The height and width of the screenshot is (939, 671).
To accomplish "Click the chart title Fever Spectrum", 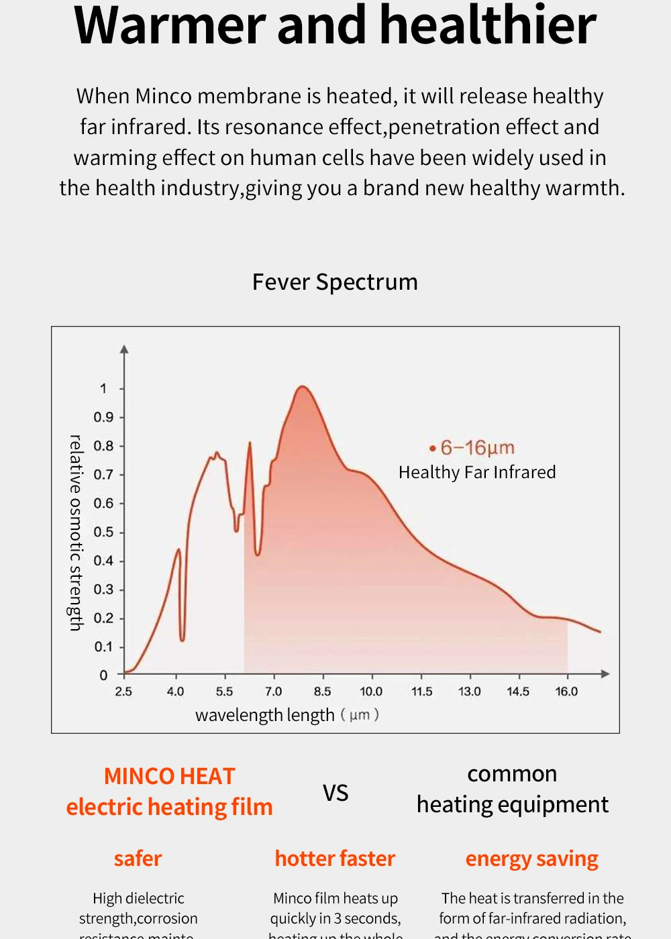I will (x=335, y=282).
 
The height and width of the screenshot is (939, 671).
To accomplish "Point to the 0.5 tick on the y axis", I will (x=103, y=532).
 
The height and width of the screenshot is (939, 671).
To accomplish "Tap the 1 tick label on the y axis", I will (x=103, y=388).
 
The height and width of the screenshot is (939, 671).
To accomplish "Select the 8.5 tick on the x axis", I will (x=322, y=692).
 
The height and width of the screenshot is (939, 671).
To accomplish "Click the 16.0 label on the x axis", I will (x=566, y=692).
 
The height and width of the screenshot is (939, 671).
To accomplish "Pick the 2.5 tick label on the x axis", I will (x=123, y=692).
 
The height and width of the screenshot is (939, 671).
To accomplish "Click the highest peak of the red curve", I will (x=302, y=386).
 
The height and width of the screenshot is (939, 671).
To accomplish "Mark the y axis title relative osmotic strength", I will (x=76, y=533).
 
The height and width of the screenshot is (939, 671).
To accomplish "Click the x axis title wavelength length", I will (x=264, y=715).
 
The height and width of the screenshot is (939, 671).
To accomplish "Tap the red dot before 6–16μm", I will (x=433, y=448).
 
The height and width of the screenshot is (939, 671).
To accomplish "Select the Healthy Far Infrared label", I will (x=477, y=472).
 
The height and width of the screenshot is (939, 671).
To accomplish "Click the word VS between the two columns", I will (x=335, y=793).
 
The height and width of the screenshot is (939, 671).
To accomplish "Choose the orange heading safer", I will (x=138, y=859).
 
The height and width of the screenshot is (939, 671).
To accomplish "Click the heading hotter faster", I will (x=335, y=859).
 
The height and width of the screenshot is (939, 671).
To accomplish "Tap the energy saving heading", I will (x=531, y=859).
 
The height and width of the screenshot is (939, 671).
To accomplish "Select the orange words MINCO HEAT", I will (x=169, y=776).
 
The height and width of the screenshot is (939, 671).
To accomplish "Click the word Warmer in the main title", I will (x=171, y=25).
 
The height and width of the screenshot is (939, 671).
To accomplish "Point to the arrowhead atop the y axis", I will (x=124, y=349).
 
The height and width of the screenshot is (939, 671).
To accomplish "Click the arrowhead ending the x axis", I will (x=605, y=673).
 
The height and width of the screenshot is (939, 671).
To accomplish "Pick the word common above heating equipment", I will (x=512, y=774).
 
